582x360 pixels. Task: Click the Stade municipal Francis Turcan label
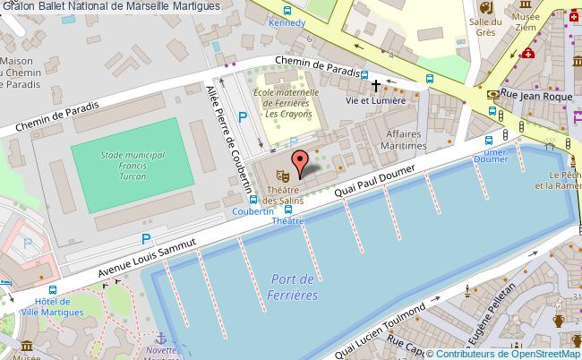tap(133, 167)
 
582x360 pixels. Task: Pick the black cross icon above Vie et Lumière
tap(376, 86)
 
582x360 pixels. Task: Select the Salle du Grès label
tap(484, 28)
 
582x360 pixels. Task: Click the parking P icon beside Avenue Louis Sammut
tap(145, 238)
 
